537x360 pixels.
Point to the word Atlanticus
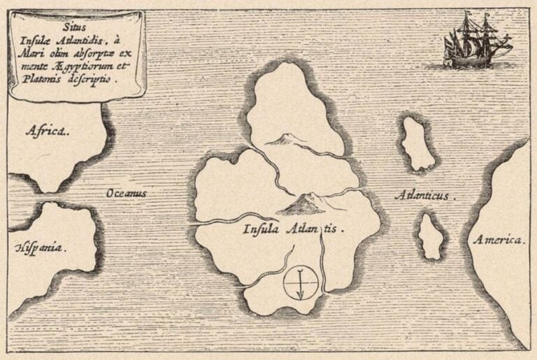tap(424, 196)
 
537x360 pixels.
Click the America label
tap(497, 240)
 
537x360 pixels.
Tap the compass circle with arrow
tap(301, 284)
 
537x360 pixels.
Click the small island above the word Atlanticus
tap(417, 143)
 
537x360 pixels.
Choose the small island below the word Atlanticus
tap(431, 236)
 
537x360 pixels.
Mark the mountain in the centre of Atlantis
tap(300, 203)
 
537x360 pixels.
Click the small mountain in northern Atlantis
tap(282, 141)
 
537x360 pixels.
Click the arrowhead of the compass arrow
tap(301, 296)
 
